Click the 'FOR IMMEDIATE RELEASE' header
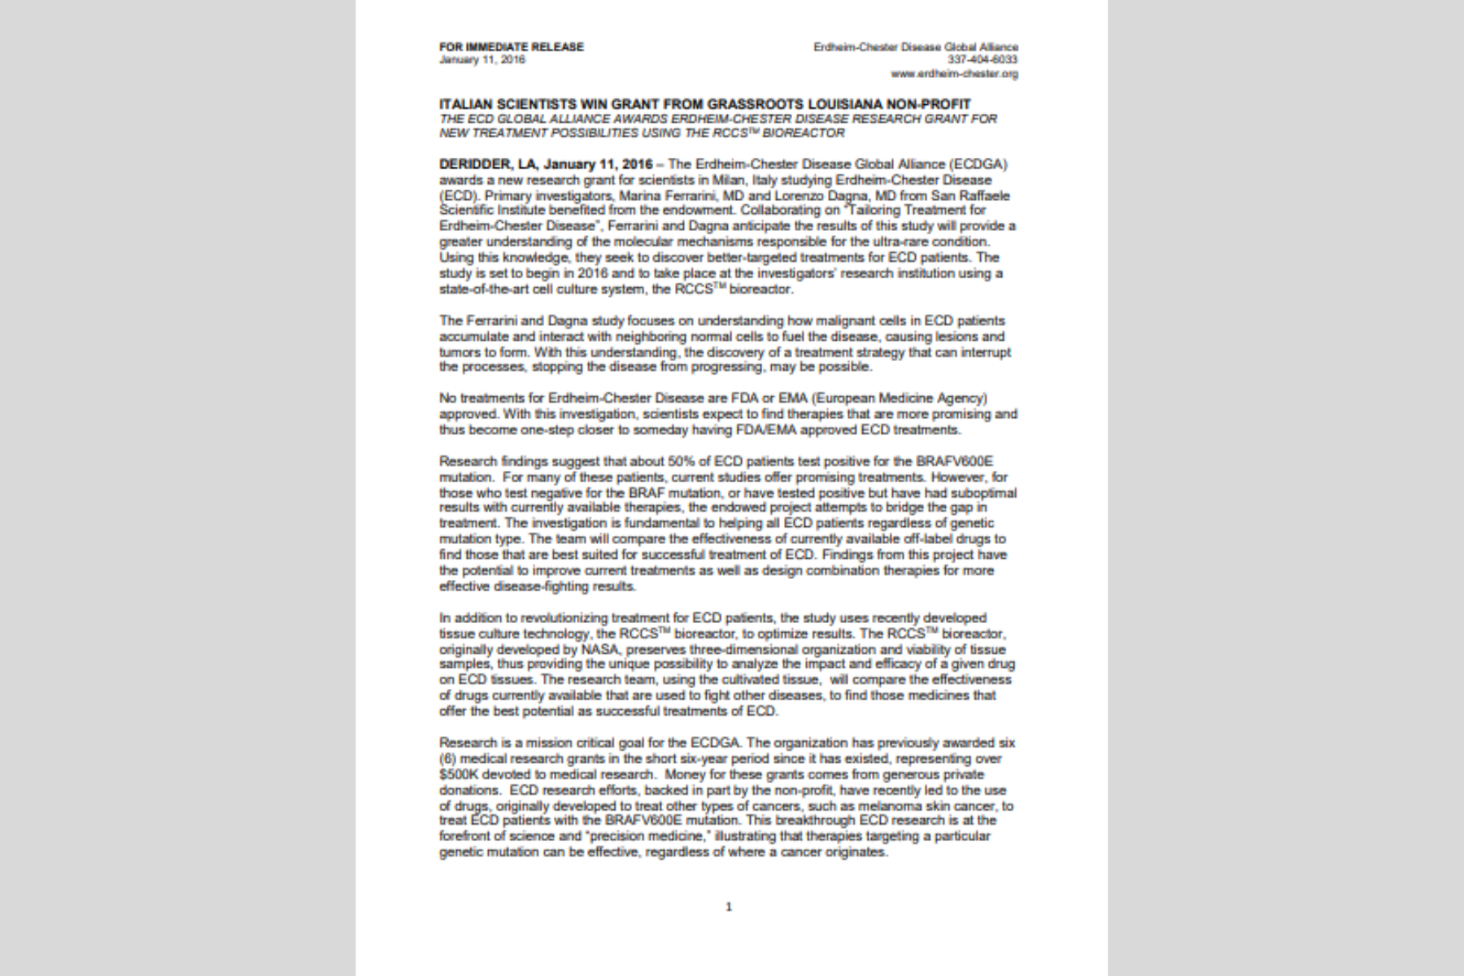click(x=511, y=47)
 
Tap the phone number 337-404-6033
click(x=983, y=60)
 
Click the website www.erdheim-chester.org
click(x=954, y=74)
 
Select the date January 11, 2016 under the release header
click(x=482, y=60)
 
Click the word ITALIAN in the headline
click(x=467, y=104)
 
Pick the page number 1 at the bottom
click(x=729, y=907)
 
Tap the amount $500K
click(x=458, y=774)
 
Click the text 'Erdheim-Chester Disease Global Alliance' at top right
click(x=916, y=47)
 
